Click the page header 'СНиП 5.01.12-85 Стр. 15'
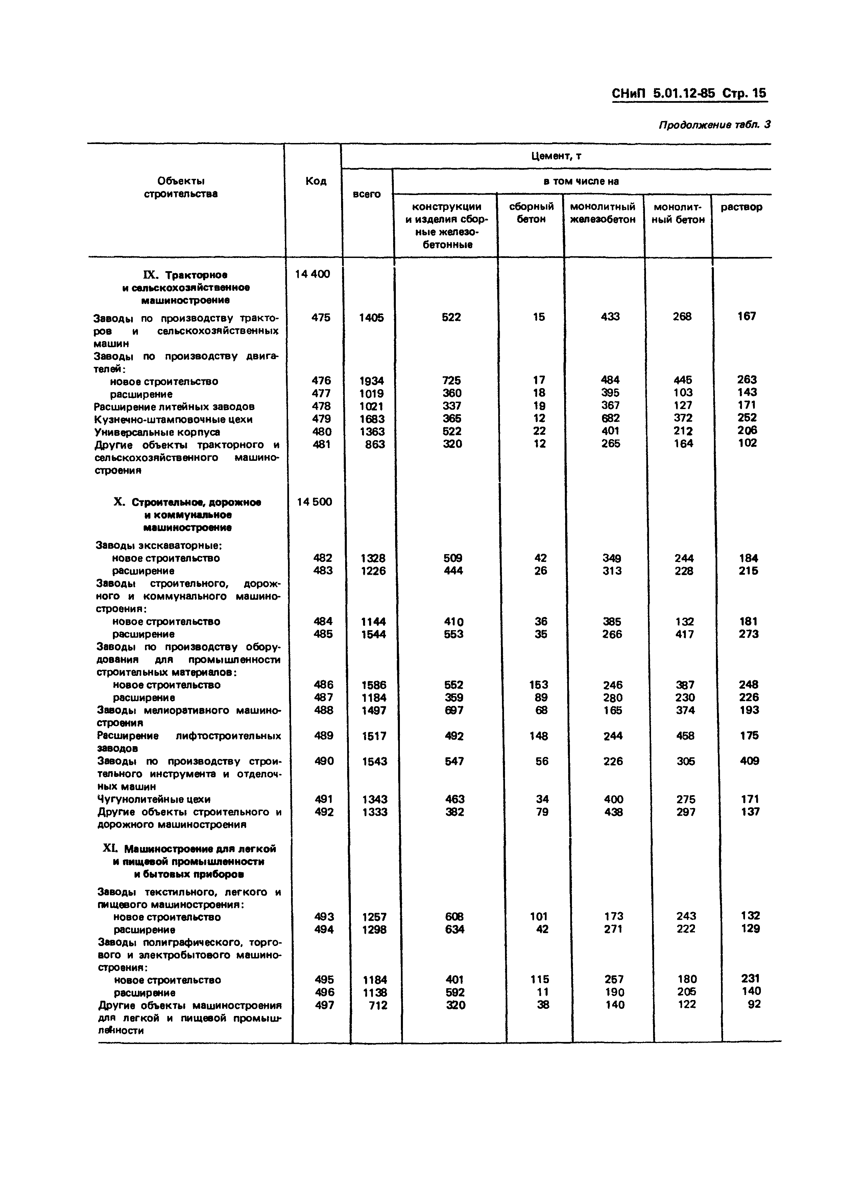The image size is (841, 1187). click(689, 94)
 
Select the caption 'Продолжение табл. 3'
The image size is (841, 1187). click(714, 125)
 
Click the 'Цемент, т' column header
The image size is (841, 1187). click(556, 156)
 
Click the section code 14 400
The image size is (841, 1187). click(312, 274)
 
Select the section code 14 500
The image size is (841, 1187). click(314, 501)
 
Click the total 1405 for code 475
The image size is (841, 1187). click(371, 317)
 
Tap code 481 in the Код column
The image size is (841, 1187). click(321, 444)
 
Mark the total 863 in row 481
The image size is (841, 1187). click(375, 444)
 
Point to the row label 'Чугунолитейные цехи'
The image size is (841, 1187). click(154, 799)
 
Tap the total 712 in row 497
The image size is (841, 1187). click(378, 1005)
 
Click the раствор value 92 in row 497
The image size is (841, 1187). click(754, 1004)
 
